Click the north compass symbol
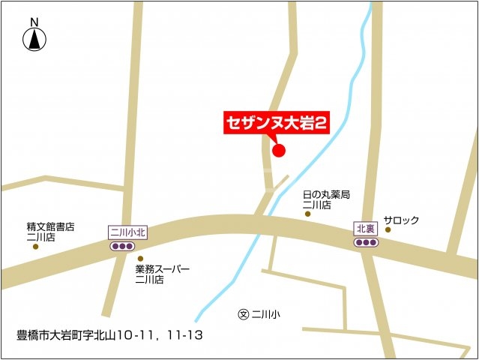pos(34,40)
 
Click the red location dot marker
pos(279,151)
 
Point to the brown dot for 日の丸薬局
pos(307,214)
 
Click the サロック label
pos(401,220)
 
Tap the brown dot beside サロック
pos(388,229)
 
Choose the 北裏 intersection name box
pos(365,228)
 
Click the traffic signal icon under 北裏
pos(365,242)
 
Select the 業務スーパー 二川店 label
pos(162,274)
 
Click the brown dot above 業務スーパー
pos(139,258)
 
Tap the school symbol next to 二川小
pos(242,313)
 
